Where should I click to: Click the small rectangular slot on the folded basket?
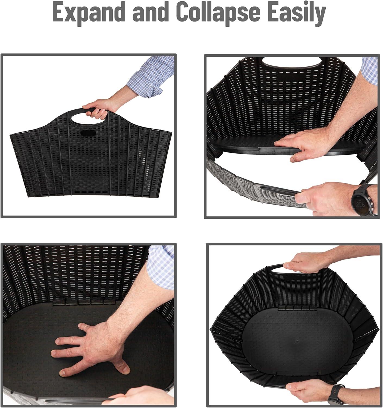click(x=88, y=133)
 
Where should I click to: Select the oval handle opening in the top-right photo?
click(x=292, y=63)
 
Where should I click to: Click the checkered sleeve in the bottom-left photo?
click(x=161, y=267)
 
